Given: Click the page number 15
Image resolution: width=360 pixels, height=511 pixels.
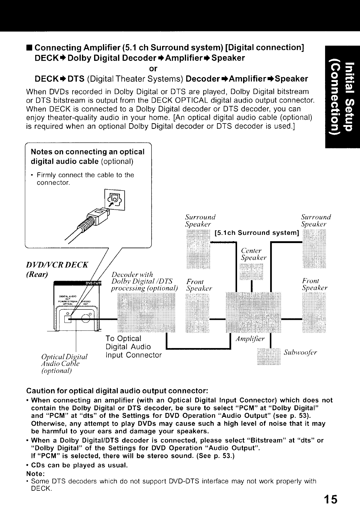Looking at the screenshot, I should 330,499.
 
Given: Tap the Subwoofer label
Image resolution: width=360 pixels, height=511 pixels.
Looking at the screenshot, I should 300,353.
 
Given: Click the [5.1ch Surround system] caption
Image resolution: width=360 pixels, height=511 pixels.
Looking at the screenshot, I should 257,233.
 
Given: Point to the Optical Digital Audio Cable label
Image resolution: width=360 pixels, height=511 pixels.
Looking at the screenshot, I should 64,363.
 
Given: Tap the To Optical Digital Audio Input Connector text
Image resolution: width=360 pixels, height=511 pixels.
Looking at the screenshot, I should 134,347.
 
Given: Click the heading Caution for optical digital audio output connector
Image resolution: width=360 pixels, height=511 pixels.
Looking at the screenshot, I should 117,390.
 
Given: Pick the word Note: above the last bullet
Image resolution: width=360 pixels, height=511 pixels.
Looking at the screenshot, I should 36,473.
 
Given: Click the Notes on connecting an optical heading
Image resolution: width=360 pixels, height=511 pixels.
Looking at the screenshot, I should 88,152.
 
